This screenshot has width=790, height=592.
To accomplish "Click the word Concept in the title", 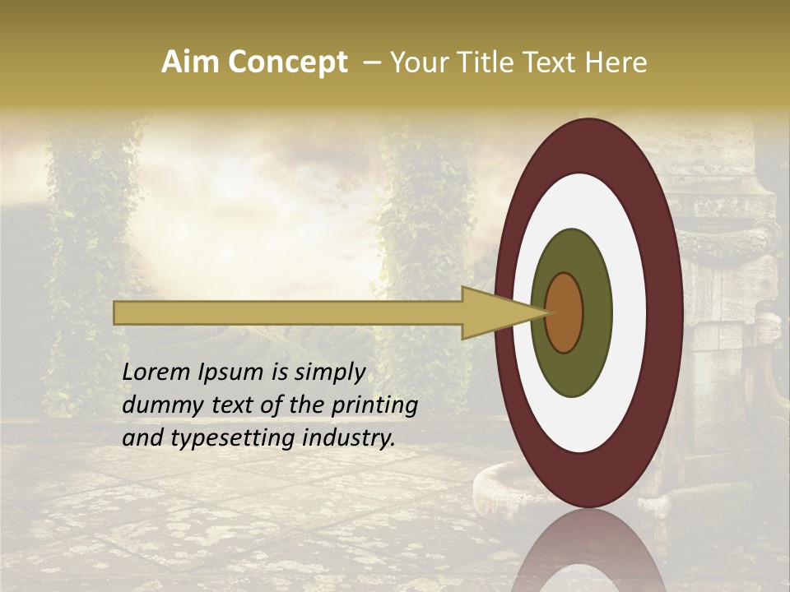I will (x=286, y=62).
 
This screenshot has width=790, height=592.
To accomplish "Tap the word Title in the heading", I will (x=474, y=62).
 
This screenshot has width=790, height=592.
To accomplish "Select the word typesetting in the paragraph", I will (x=218, y=438).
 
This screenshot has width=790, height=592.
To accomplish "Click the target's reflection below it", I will (x=588, y=551).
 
